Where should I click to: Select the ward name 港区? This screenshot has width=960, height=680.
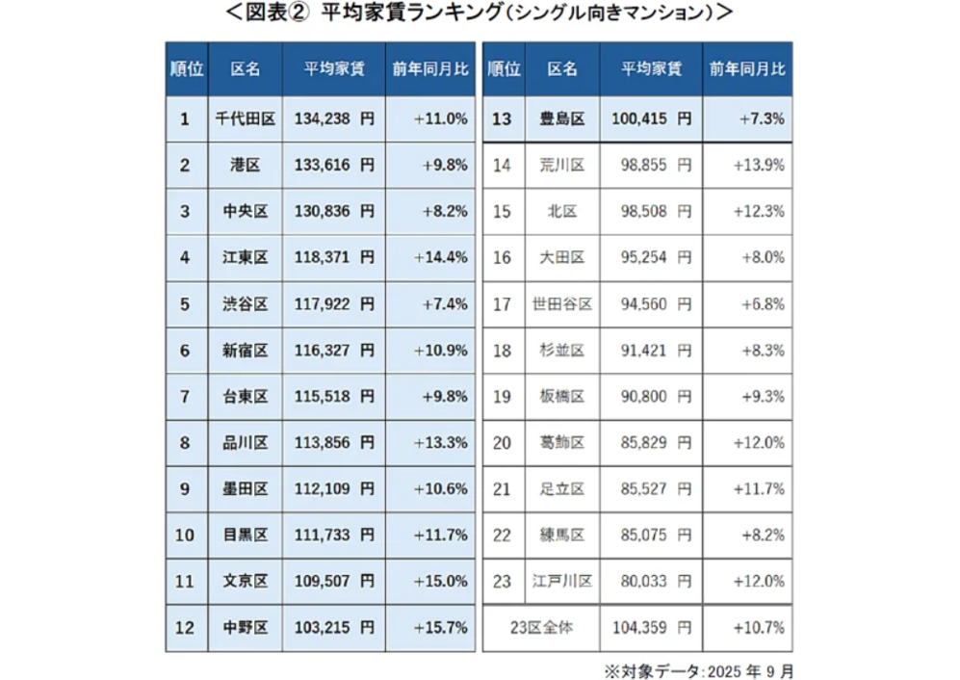coord(246,166)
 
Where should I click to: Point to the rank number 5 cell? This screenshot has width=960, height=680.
coord(185,304)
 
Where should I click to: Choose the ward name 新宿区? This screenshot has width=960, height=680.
coord(246,351)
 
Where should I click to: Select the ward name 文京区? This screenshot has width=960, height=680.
coord(246,582)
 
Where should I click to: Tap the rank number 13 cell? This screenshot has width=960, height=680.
coord(502,119)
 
